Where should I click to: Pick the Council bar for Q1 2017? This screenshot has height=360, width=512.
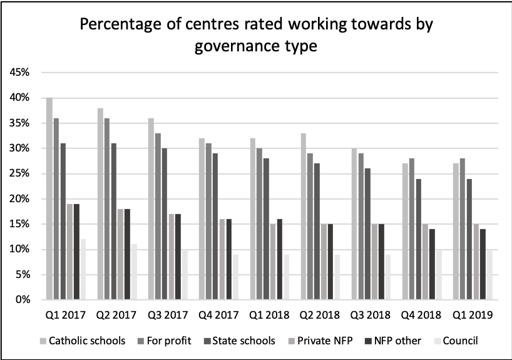point(83,269)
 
